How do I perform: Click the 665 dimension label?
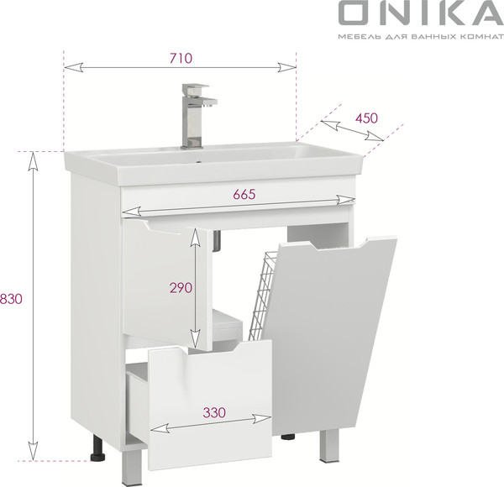242,194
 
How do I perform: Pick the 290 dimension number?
181,287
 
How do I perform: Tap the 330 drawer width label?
214,413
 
